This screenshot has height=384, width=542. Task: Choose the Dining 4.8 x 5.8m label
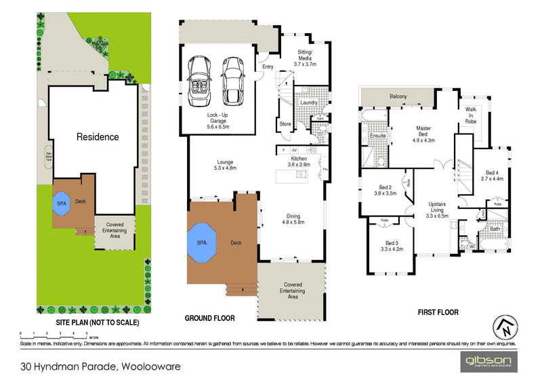pos(293,218)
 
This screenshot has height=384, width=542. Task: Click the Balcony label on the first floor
pos(398,97)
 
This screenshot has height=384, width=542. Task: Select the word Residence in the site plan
pos(97,136)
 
